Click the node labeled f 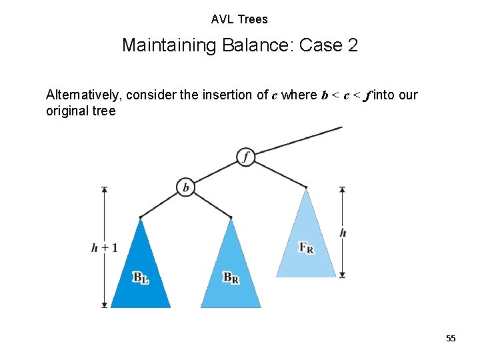click(246, 157)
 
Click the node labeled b click(185, 188)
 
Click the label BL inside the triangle click(141, 277)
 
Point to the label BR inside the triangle click(231, 277)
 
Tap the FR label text click(306, 248)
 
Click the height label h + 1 click(105, 248)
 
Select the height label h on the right click(343, 233)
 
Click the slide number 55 click(451, 339)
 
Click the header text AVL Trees click(239, 19)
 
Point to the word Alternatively click(83, 95)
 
